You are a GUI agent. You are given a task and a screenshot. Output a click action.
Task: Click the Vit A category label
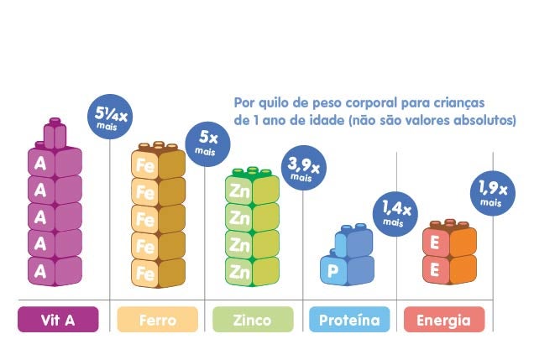(59, 320)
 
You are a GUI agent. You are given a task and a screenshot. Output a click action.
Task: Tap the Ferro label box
(157, 320)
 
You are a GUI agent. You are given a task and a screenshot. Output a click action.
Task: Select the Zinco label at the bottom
(252, 320)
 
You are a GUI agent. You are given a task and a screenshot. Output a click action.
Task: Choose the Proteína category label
(349, 320)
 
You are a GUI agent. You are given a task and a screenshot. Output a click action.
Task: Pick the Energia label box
(444, 320)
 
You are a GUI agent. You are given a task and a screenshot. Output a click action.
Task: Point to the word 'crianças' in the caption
(458, 102)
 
